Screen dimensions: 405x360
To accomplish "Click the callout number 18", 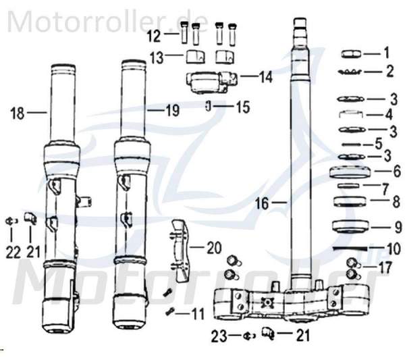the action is pos(18,113).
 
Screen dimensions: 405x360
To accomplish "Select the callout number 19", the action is pos(172,110).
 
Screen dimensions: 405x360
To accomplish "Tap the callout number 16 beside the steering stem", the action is pos(262,203).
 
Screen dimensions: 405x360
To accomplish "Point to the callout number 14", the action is pos(265,77).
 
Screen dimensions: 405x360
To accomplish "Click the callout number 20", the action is pos(214,248).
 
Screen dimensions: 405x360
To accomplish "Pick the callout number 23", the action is pos(219,336).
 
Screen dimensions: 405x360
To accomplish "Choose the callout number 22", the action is pos(13,252).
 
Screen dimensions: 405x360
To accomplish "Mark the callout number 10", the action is pos(394,249).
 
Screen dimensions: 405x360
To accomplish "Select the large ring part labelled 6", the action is pos(350,172).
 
